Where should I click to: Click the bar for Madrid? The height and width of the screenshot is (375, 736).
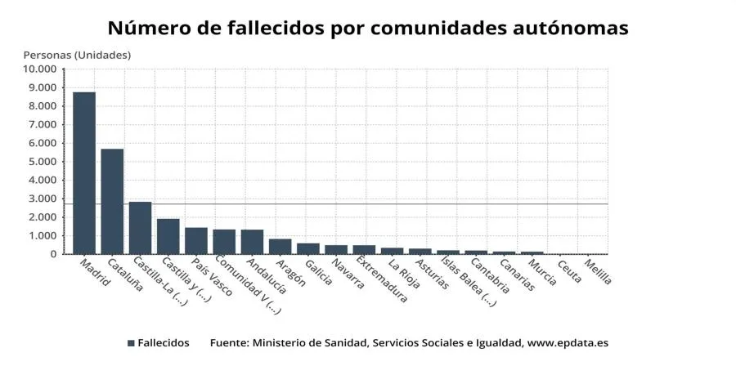click(x=84, y=173)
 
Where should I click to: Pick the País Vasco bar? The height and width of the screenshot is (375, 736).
click(x=196, y=241)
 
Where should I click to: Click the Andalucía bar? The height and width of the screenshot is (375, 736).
click(x=252, y=242)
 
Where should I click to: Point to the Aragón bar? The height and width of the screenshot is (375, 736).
click(x=280, y=247)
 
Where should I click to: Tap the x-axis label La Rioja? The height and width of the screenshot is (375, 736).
click(x=403, y=274)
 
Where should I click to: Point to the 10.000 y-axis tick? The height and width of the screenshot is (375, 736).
click(x=40, y=69)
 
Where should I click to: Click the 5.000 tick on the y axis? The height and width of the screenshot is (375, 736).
click(x=43, y=162)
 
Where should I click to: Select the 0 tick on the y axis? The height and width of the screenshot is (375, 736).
click(x=54, y=254)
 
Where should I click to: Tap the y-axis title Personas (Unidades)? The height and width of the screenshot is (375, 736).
click(x=77, y=55)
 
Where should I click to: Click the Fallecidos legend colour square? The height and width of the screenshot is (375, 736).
click(x=131, y=343)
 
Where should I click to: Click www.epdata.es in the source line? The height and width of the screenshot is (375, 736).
click(x=568, y=343)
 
